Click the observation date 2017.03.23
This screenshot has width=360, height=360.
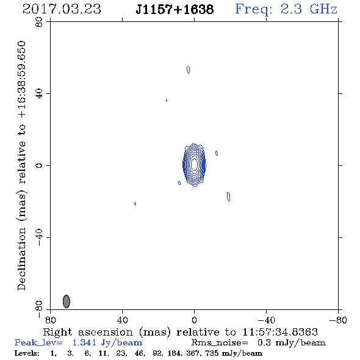click(x=62, y=9)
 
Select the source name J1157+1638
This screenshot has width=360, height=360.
click(x=175, y=9)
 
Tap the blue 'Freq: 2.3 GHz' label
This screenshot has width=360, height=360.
click(x=286, y=9)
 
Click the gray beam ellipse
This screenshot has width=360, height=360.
click(x=67, y=301)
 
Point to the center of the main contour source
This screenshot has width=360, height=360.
click(x=194, y=165)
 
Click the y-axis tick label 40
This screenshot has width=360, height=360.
click(x=39, y=94)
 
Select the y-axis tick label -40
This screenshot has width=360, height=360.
click(x=39, y=237)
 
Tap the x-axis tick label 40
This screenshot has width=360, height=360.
click(x=122, y=320)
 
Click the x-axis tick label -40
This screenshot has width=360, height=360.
click(x=266, y=320)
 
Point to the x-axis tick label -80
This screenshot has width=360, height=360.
click(x=338, y=320)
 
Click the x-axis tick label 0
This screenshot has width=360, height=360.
click(x=194, y=320)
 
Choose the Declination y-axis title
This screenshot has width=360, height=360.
click(x=21, y=166)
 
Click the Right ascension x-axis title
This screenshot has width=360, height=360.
click(x=181, y=332)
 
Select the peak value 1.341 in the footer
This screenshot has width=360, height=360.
click(x=84, y=342)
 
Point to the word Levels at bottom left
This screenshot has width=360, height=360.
click(x=27, y=353)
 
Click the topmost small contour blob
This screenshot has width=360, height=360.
click(x=189, y=70)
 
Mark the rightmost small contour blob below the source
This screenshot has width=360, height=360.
click(x=228, y=196)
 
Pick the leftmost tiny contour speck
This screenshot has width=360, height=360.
click(x=135, y=204)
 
